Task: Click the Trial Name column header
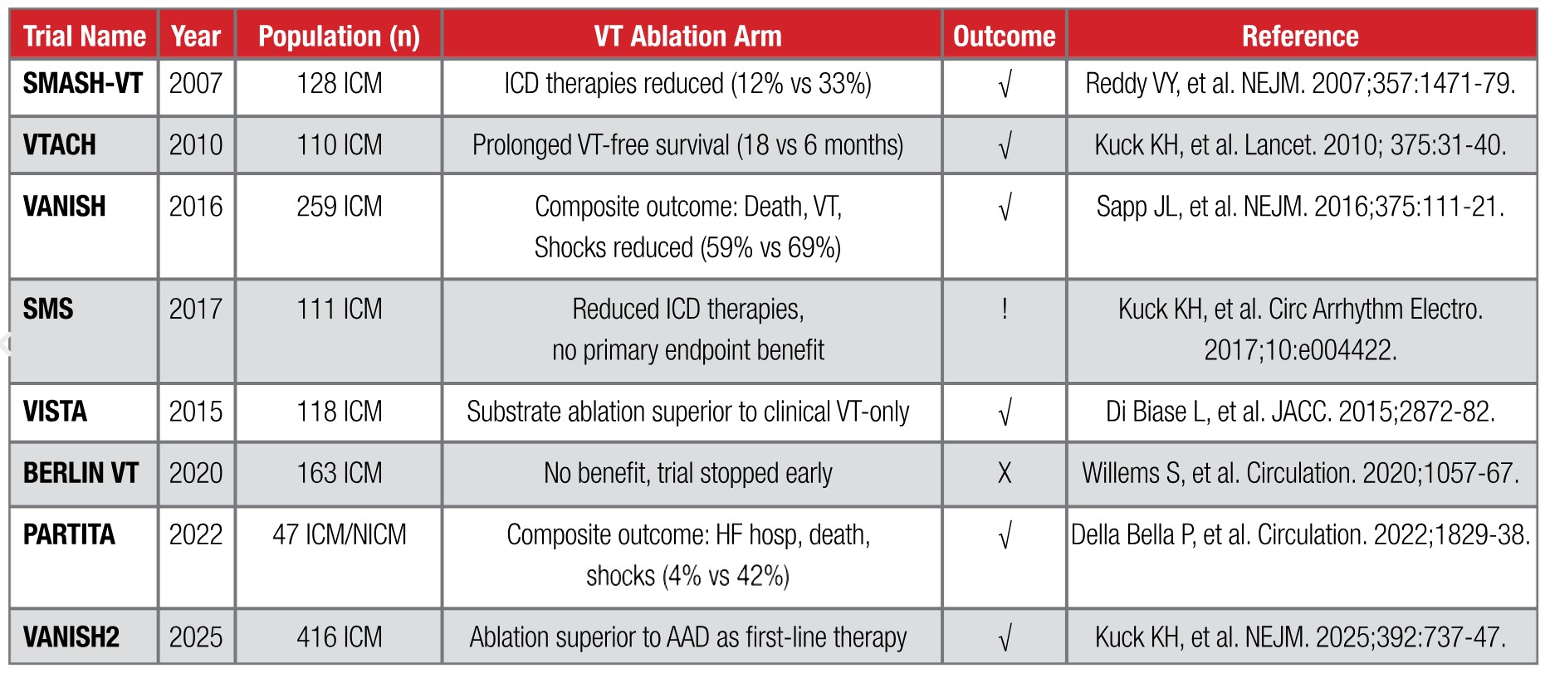click(85, 37)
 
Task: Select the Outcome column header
click(1004, 37)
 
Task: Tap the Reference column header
click(1300, 37)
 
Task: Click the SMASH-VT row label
click(83, 83)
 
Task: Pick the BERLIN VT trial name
click(81, 473)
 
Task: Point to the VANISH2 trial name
click(71, 637)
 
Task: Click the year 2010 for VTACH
click(196, 145)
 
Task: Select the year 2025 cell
click(196, 637)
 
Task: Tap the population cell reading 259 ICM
click(340, 207)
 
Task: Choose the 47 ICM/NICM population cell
click(340, 534)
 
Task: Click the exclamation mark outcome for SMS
click(1005, 309)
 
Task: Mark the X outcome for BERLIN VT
click(1005, 473)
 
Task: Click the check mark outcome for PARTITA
click(1005, 536)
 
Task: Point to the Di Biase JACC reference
click(1300, 412)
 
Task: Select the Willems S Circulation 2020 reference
click(1300, 473)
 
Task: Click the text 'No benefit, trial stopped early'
click(688, 473)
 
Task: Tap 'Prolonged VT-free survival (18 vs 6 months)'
click(688, 145)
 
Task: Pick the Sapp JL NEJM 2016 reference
click(1300, 207)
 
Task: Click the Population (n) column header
click(339, 37)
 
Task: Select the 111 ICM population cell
click(340, 309)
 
